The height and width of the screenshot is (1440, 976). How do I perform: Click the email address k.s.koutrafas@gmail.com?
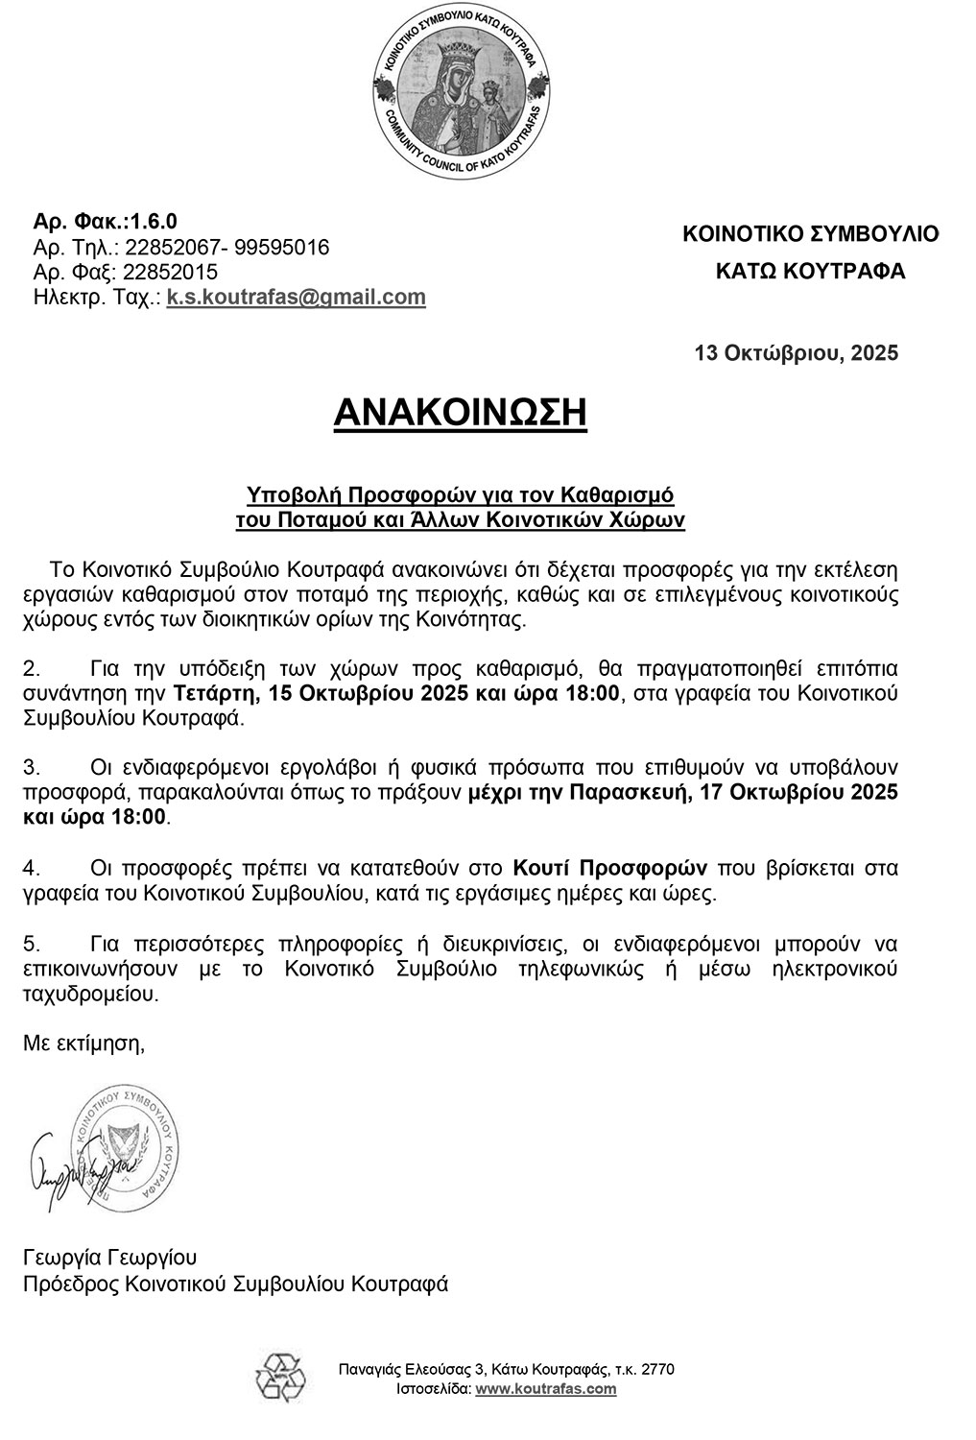pos(296,298)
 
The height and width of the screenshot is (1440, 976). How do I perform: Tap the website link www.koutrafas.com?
pos(546,1389)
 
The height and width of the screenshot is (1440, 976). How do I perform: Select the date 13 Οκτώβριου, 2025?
pos(797,353)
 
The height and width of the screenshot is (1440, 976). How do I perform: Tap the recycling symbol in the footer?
pos(279,1380)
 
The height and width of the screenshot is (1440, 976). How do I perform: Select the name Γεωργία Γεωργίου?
pos(109,1258)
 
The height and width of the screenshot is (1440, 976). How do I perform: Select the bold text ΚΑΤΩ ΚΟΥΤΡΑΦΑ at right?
pos(810,272)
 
